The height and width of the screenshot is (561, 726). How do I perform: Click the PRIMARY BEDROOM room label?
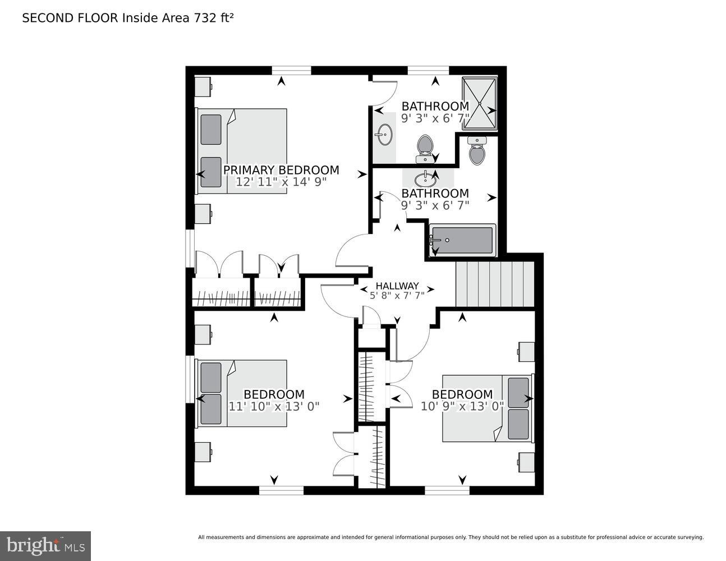click(x=281, y=170)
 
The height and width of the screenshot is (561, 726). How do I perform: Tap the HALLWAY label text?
click(x=397, y=286)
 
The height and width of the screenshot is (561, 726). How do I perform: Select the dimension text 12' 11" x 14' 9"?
click(x=281, y=182)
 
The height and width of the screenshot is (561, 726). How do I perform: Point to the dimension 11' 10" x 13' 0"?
click(x=274, y=406)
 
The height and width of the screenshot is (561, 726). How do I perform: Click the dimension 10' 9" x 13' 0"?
click(x=462, y=406)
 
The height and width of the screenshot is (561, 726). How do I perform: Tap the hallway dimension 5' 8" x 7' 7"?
click(x=397, y=294)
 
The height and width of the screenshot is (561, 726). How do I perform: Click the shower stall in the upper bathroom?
click(x=479, y=103)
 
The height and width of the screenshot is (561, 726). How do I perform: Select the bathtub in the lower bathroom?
click(x=462, y=240)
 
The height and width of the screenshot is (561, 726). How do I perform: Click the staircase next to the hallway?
click(x=494, y=284)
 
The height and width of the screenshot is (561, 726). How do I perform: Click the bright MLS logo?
click(x=45, y=545)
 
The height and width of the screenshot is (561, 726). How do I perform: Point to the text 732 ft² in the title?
click(x=213, y=18)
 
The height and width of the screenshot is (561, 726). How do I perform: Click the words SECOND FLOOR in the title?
click(x=70, y=18)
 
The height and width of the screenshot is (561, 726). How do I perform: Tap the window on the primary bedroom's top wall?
click(x=291, y=70)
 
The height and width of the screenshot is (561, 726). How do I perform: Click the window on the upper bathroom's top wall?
click(x=428, y=70)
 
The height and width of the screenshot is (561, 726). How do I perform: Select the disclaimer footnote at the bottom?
click(x=451, y=537)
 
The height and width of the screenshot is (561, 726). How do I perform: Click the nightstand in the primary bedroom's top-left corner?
click(x=203, y=87)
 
